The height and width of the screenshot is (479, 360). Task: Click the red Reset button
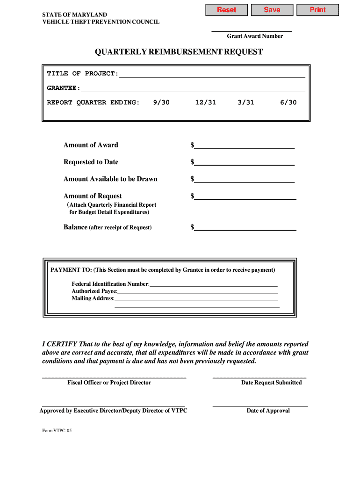coord(226,10)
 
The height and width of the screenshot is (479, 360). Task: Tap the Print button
coord(317,10)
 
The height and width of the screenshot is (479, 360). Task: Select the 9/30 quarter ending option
coord(161,102)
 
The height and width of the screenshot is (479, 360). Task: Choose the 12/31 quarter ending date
coord(206,102)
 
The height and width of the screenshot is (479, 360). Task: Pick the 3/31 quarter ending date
coord(246,102)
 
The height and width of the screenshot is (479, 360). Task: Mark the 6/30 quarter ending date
coord(288,102)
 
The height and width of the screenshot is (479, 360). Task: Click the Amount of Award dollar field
coord(244,145)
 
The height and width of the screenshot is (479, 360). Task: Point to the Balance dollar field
coord(245,227)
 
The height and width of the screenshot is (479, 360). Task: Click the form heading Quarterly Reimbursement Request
coord(179,52)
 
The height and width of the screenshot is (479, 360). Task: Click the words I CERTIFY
coord(59,344)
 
